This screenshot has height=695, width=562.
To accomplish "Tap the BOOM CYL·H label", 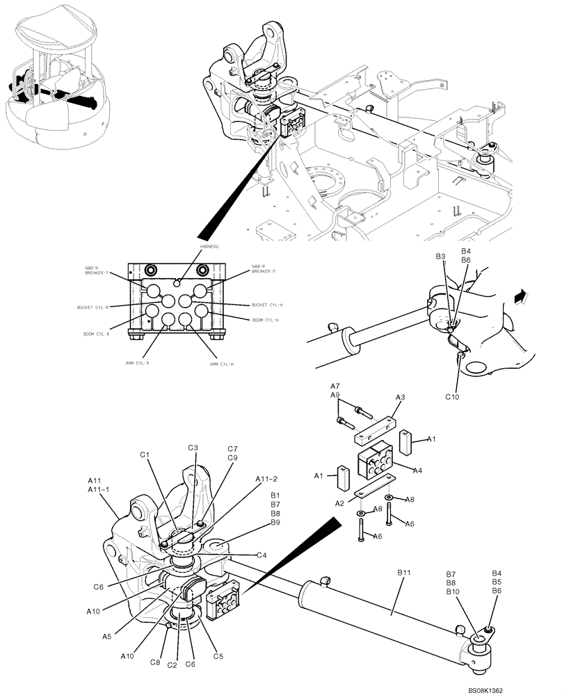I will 264,320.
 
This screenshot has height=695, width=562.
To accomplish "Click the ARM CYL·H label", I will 223,363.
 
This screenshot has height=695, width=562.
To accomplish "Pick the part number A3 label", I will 400,396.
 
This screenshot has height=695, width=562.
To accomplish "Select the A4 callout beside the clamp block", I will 417,471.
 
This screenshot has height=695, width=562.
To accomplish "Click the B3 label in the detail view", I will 440,257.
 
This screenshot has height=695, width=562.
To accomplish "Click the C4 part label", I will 262,555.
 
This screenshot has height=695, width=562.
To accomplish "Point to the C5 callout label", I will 218,655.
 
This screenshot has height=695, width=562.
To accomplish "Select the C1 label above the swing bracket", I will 145,455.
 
